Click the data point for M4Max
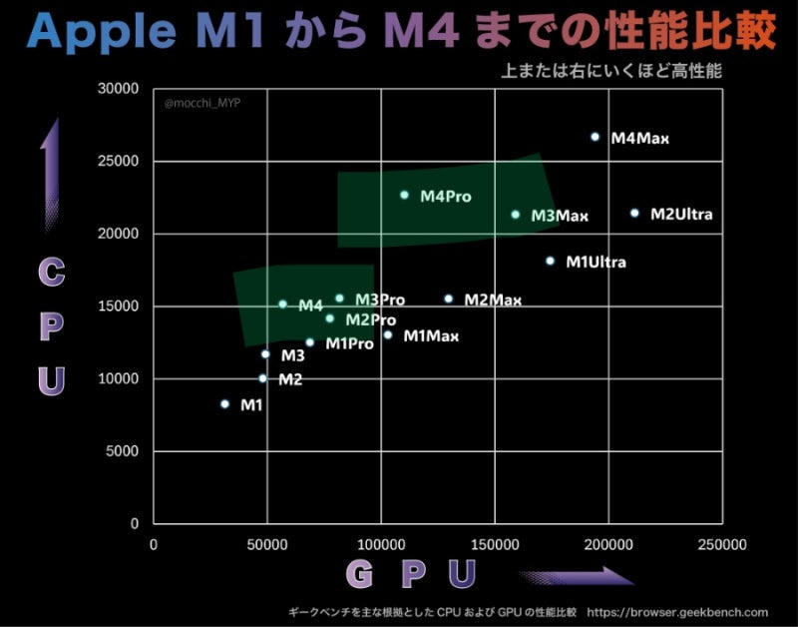click(595, 137)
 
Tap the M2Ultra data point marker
click(634, 213)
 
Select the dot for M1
click(224, 404)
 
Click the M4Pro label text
click(445, 197)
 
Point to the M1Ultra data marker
click(550, 261)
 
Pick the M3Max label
click(560, 216)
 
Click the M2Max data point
click(448, 299)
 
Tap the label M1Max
click(431, 336)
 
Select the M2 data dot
click(262, 378)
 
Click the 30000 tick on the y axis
click(119, 89)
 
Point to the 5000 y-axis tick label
click(123, 451)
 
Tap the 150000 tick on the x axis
click(495, 545)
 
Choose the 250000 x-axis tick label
click(721, 545)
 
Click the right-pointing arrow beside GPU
click(576, 576)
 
